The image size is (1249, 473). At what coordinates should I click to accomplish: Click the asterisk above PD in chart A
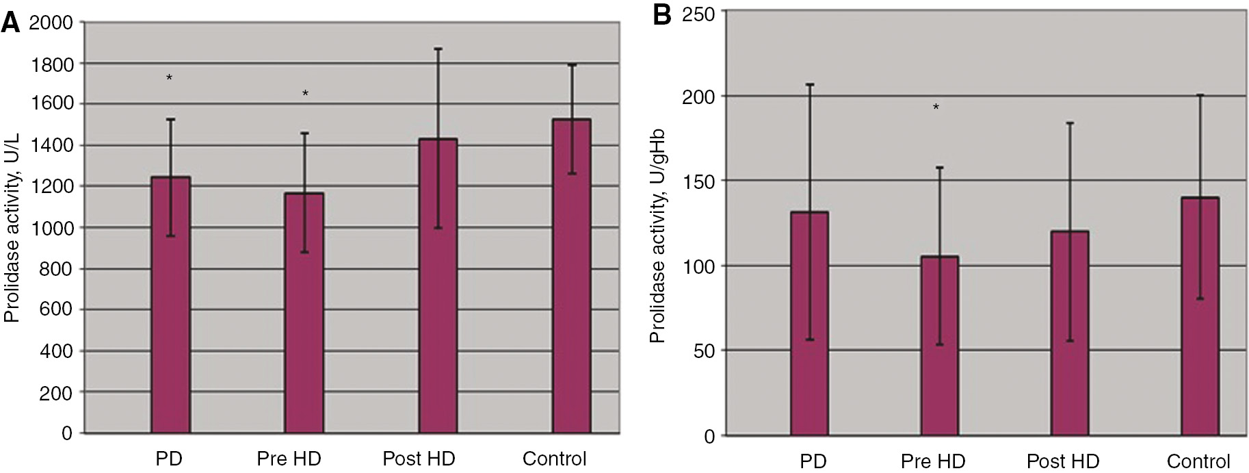[169, 79]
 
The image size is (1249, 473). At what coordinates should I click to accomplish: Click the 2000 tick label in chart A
[51, 23]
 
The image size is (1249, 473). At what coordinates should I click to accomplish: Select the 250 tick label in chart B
[698, 14]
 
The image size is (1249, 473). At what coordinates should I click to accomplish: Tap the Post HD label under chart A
[419, 459]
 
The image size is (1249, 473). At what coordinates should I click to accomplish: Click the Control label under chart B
[1198, 461]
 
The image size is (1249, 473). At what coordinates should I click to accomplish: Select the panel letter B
[662, 15]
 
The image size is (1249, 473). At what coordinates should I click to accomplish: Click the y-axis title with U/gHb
[657, 236]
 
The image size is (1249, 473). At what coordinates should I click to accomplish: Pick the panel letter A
[11, 23]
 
